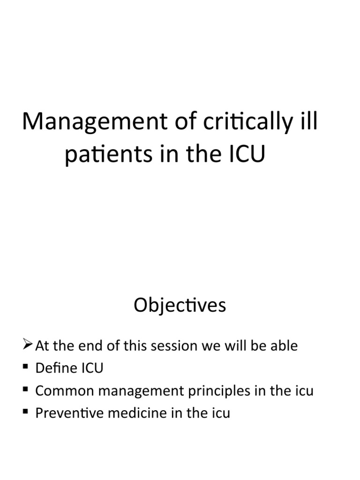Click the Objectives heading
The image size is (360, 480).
point(180,305)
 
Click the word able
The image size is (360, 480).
point(283,346)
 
